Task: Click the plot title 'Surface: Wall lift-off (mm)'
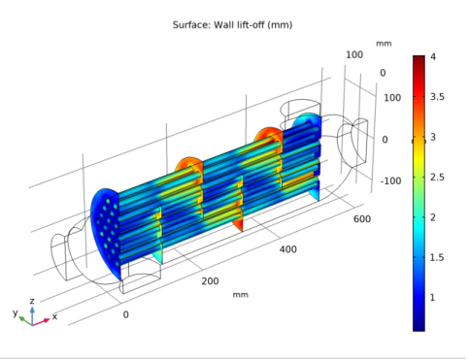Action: point(232,25)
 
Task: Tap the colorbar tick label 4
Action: point(433,57)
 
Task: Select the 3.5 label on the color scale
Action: point(437,97)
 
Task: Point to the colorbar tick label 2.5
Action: point(437,178)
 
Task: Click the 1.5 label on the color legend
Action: point(437,257)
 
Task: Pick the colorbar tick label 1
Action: point(432,298)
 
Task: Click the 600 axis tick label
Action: point(362,219)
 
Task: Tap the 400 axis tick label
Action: point(287,249)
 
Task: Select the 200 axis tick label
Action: point(210,281)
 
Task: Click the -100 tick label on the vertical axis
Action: point(390,180)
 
